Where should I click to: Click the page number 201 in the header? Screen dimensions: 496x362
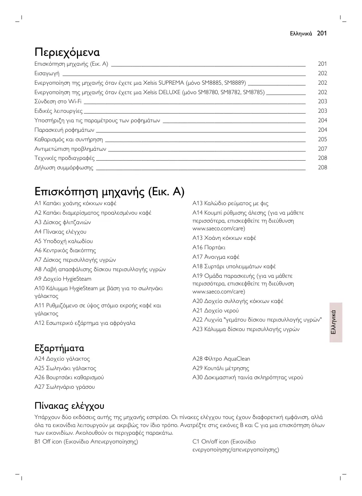click(322, 33)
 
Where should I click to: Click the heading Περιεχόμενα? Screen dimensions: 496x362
click(67, 52)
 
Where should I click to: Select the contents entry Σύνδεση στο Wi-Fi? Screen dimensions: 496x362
click(58, 101)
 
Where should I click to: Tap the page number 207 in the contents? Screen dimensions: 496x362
click(322, 149)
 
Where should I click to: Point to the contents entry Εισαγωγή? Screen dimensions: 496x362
click(47, 73)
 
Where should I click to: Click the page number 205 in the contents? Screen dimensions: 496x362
click(322, 139)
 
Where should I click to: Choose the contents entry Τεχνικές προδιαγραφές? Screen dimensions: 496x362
click(65, 158)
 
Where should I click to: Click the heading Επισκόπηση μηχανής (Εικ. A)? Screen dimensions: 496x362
click(109, 191)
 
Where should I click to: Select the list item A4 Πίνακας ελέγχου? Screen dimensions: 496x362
click(61, 232)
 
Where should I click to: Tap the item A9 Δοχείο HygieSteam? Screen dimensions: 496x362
click(63, 279)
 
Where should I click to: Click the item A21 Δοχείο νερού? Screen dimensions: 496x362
click(215, 311)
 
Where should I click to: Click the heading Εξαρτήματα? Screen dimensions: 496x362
click(59, 348)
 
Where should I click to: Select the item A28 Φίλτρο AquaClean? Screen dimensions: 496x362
click(221, 359)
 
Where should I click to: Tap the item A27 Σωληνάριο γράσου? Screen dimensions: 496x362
click(65, 387)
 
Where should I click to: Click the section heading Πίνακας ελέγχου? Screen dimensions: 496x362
click(69, 405)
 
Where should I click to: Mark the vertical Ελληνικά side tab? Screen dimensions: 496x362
click(335, 322)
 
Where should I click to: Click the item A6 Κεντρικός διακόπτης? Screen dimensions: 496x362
click(65, 250)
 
